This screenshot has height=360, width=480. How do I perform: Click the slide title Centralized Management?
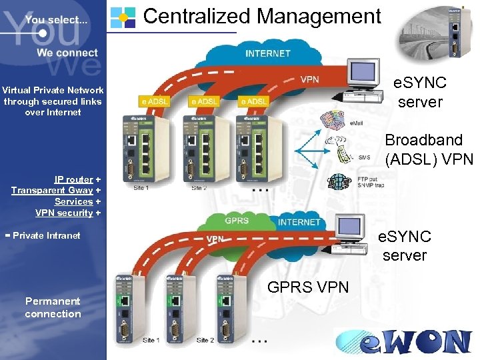(x=262, y=16)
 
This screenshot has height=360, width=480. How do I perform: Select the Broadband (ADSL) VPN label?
(x=429, y=149)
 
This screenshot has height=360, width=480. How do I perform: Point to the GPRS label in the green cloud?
(x=237, y=220)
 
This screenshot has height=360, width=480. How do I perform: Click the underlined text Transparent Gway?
(x=52, y=191)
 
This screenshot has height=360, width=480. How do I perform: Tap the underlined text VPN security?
(x=64, y=213)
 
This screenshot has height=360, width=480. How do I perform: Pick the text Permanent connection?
(x=53, y=307)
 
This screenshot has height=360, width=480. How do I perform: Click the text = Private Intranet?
(x=42, y=235)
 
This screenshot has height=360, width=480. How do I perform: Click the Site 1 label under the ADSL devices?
(x=141, y=188)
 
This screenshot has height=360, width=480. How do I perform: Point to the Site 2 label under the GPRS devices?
(x=205, y=341)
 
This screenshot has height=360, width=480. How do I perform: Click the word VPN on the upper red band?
(x=309, y=79)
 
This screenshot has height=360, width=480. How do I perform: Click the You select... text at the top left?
(x=56, y=20)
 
